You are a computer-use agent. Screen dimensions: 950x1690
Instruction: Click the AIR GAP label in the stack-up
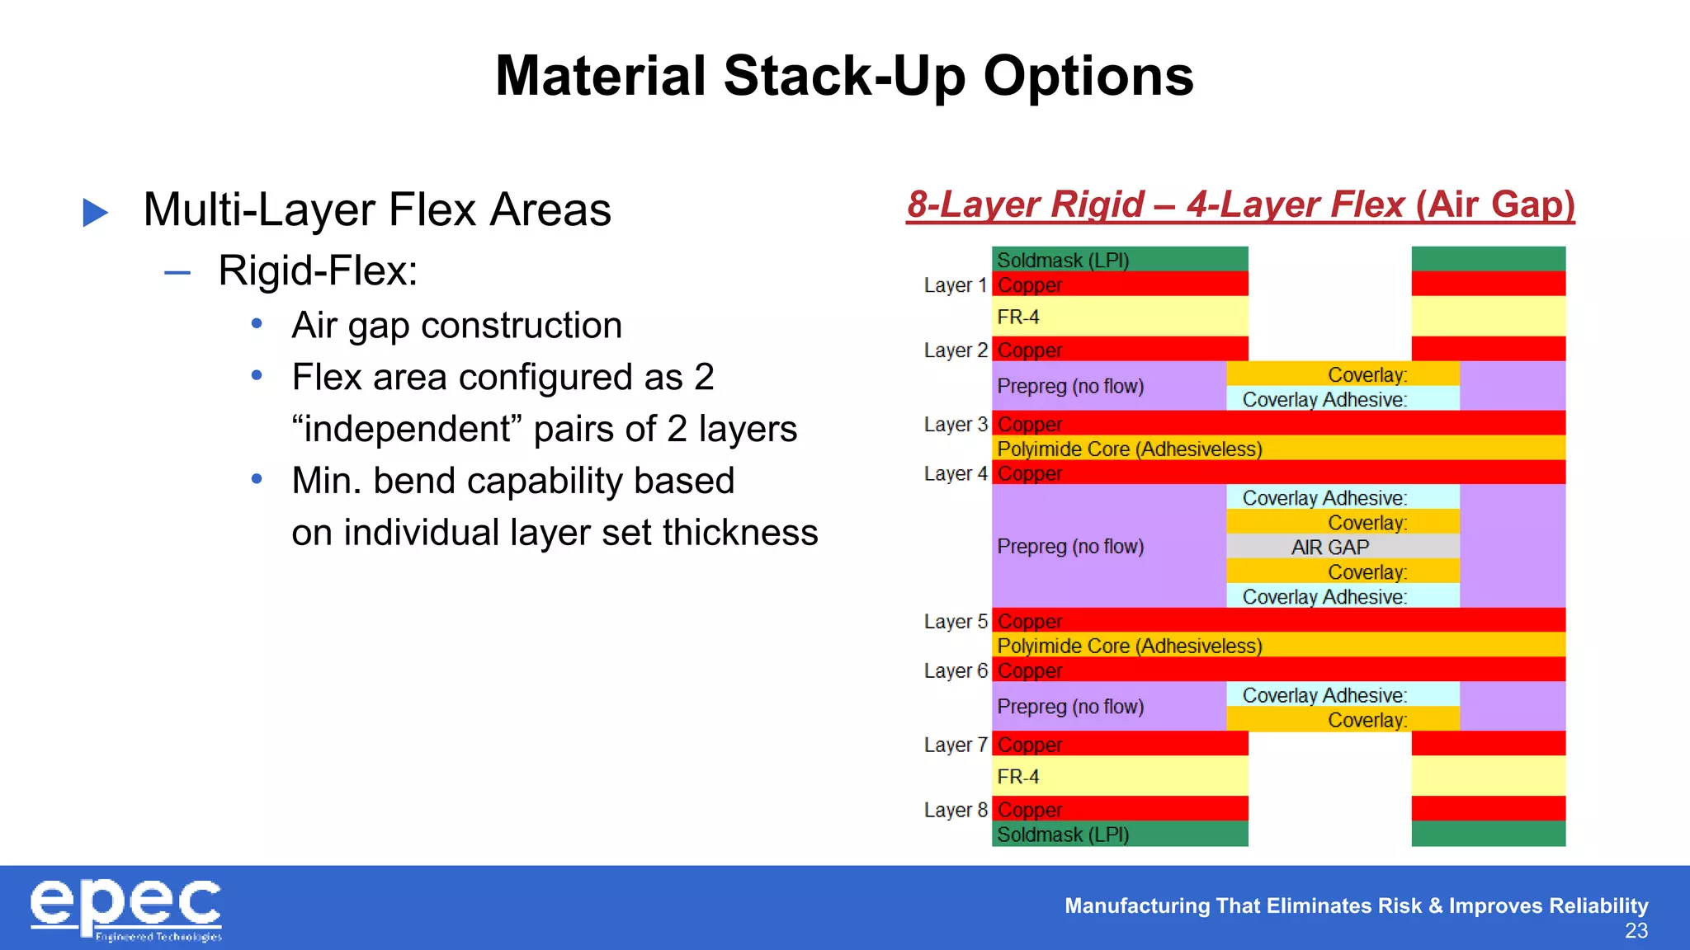pyautogui.click(x=1329, y=547)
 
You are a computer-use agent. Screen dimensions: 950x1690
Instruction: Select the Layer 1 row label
pyautogui.click(x=955, y=285)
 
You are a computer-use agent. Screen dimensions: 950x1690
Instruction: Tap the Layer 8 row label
pyautogui.click(x=955, y=810)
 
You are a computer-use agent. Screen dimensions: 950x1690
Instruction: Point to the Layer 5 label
pyautogui.click(x=955, y=621)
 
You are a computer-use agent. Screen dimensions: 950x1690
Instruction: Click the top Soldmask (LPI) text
pyautogui.click(x=1062, y=261)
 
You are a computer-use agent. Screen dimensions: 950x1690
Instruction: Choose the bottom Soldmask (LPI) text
pyautogui.click(x=1062, y=835)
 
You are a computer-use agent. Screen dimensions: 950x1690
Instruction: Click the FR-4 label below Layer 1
pyautogui.click(x=1017, y=317)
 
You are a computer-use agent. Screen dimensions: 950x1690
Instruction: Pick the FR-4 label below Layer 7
pyautogui.click(x=1017, y=777)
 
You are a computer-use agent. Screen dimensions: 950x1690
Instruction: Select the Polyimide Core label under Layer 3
pyautogui.click(x=1129, y=449)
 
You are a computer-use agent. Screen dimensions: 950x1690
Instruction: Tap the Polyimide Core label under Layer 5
pyautogui.click(x=1129, y=646)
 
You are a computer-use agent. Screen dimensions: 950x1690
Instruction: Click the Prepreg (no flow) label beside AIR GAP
pyautogui.click(x=1069, y=546)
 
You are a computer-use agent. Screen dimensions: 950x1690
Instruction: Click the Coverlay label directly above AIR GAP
pyautogui.click(x=1367, y=523)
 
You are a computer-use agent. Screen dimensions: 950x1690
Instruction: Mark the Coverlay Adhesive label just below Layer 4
pyautogui.click(x=1324, y=498)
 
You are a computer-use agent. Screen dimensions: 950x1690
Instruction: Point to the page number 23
pyautogui.click(x=1636, y=931)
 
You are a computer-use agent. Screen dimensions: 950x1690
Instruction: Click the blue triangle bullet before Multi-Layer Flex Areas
pyautogui.click(x=96, y=213)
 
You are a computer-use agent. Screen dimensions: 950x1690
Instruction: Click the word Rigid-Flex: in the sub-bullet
pyautogui.click(x=318, y=270)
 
